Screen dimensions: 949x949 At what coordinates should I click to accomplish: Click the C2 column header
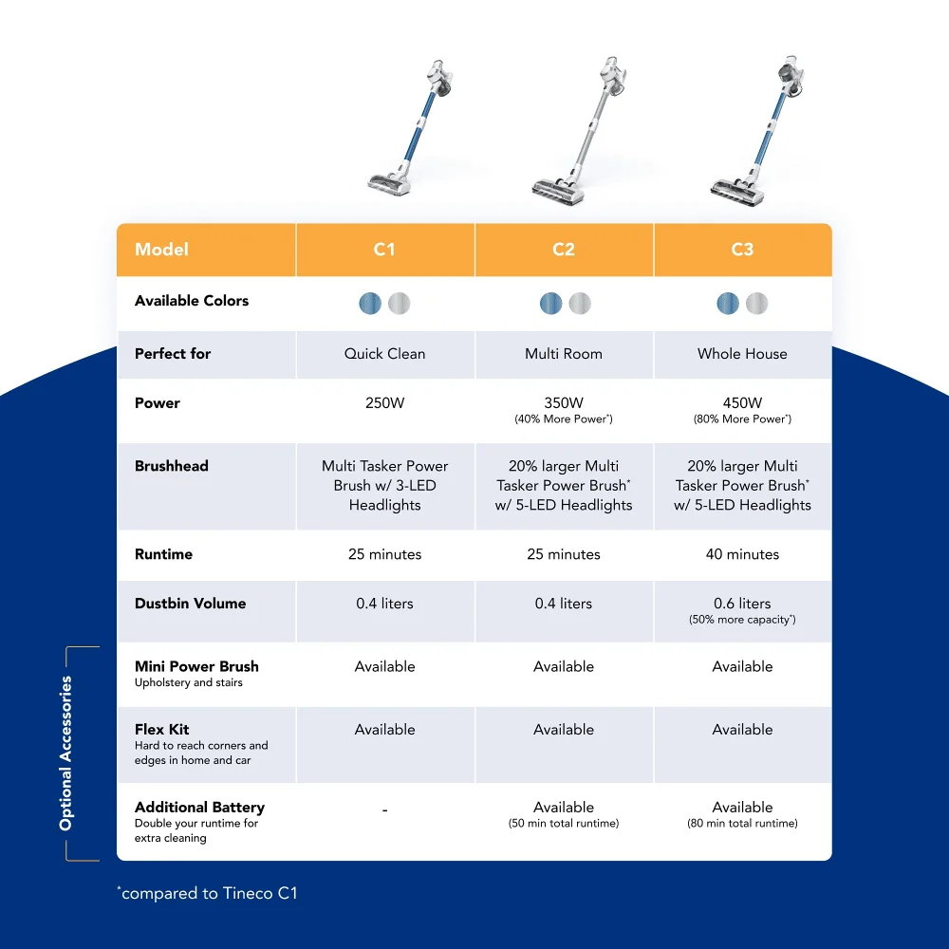point(564,250)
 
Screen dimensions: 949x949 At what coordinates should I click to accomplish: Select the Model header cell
point(162,250)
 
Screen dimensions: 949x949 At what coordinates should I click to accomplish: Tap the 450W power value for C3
point(742,403)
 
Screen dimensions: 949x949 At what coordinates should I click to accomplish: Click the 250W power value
point(384,403)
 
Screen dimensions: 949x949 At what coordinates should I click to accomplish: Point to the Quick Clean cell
point(384,354)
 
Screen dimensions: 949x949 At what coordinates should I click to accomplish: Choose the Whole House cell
point(742,354)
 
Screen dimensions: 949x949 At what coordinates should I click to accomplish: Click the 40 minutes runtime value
point(742,554)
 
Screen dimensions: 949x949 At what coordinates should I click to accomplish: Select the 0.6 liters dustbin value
point(742,604)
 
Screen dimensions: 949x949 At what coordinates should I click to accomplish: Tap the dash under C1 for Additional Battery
point(384,810)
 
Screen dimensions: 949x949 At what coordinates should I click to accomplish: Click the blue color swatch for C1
point(370,304)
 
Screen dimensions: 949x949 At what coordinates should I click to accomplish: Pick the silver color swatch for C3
point(757,304)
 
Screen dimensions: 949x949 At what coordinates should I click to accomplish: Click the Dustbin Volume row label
point(191,604)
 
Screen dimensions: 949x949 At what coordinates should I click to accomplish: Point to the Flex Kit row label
point(162,730)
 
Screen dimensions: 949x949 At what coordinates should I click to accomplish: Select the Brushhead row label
point(172,466)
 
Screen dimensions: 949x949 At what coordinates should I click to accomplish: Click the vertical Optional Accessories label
point(65,754)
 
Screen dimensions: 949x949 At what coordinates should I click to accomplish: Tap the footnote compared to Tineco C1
point(208,893)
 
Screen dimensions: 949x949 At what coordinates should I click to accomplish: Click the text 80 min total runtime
point(742,824)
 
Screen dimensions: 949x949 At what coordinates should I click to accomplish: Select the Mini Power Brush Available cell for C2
point(564,667)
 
